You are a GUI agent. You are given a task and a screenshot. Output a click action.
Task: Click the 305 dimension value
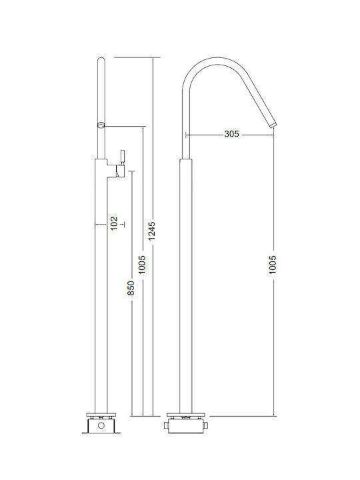pyautogui.click(x=231, y=134)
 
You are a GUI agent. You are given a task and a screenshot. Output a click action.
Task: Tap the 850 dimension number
pyautogui.click(x=131, y=288)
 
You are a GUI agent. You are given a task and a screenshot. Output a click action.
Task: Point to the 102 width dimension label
pyautogui.click(x=114, y=223)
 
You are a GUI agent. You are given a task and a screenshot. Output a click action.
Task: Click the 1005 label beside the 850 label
pyautogui.click(x=142, y=265)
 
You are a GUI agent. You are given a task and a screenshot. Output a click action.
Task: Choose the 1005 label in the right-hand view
pyautogui.click(x=273, y=265)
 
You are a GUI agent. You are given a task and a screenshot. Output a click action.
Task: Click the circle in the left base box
pyautogui.click(x=101, y=425)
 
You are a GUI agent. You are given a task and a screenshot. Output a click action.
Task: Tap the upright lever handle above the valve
pyautogui.click(x=122, y=157)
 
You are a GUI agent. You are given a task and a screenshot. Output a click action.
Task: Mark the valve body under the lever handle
pyautogui.click(x=120, y=171)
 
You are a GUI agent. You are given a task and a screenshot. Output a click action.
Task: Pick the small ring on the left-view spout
pyautogui.click(x=101, y=125)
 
